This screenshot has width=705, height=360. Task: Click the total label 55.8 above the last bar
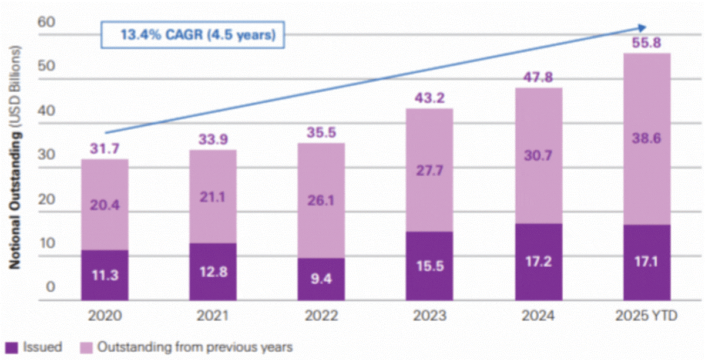point(647,43)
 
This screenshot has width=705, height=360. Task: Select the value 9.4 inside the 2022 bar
point(321,278)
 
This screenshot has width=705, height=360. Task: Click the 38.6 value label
point(647,139)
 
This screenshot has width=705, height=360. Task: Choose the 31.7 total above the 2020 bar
point(105,149)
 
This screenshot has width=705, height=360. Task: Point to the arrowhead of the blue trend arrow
point(642,27)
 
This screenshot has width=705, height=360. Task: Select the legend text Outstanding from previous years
point(194,346)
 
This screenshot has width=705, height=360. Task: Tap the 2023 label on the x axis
point(429,317)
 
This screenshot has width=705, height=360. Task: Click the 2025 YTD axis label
point(647,317)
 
